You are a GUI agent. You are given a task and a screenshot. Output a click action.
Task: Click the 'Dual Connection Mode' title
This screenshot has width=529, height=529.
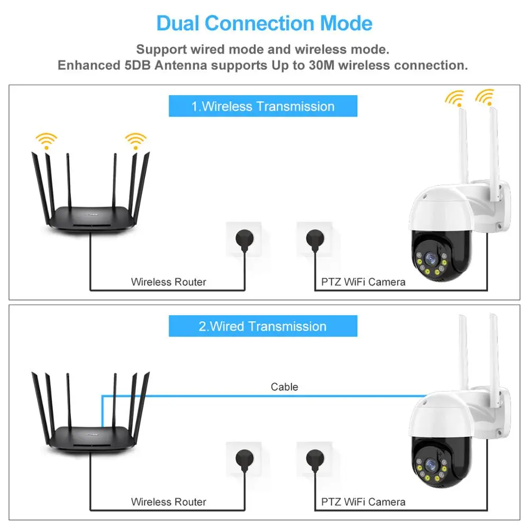point(264,24)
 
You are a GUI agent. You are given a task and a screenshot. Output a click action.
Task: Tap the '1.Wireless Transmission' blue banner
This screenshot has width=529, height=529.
point(263,106)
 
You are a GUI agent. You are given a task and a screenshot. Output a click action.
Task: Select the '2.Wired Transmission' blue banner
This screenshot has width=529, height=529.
point(263,326)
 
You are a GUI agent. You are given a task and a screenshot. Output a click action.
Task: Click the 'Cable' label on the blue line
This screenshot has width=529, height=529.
point(284,387)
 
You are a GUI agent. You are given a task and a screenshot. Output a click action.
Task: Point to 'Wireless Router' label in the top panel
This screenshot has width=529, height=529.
point(168,282)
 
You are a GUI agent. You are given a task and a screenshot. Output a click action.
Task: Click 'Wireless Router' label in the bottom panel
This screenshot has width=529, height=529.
point(168,501)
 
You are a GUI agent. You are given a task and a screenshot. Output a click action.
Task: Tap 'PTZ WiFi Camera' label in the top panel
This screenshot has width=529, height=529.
point(363,282)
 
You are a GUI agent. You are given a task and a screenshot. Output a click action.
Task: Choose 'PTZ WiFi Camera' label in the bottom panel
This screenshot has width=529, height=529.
point(363,501)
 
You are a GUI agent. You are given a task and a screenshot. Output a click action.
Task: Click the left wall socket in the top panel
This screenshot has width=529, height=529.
point(243,239)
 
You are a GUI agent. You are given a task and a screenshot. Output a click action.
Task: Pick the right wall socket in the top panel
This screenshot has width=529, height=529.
point(314,239)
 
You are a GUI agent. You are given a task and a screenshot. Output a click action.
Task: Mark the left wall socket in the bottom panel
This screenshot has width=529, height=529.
point(243,459)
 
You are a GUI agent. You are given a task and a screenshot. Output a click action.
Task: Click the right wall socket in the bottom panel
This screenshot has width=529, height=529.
point(314,459)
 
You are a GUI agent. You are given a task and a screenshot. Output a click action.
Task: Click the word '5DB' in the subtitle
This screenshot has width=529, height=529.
point(162,66)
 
